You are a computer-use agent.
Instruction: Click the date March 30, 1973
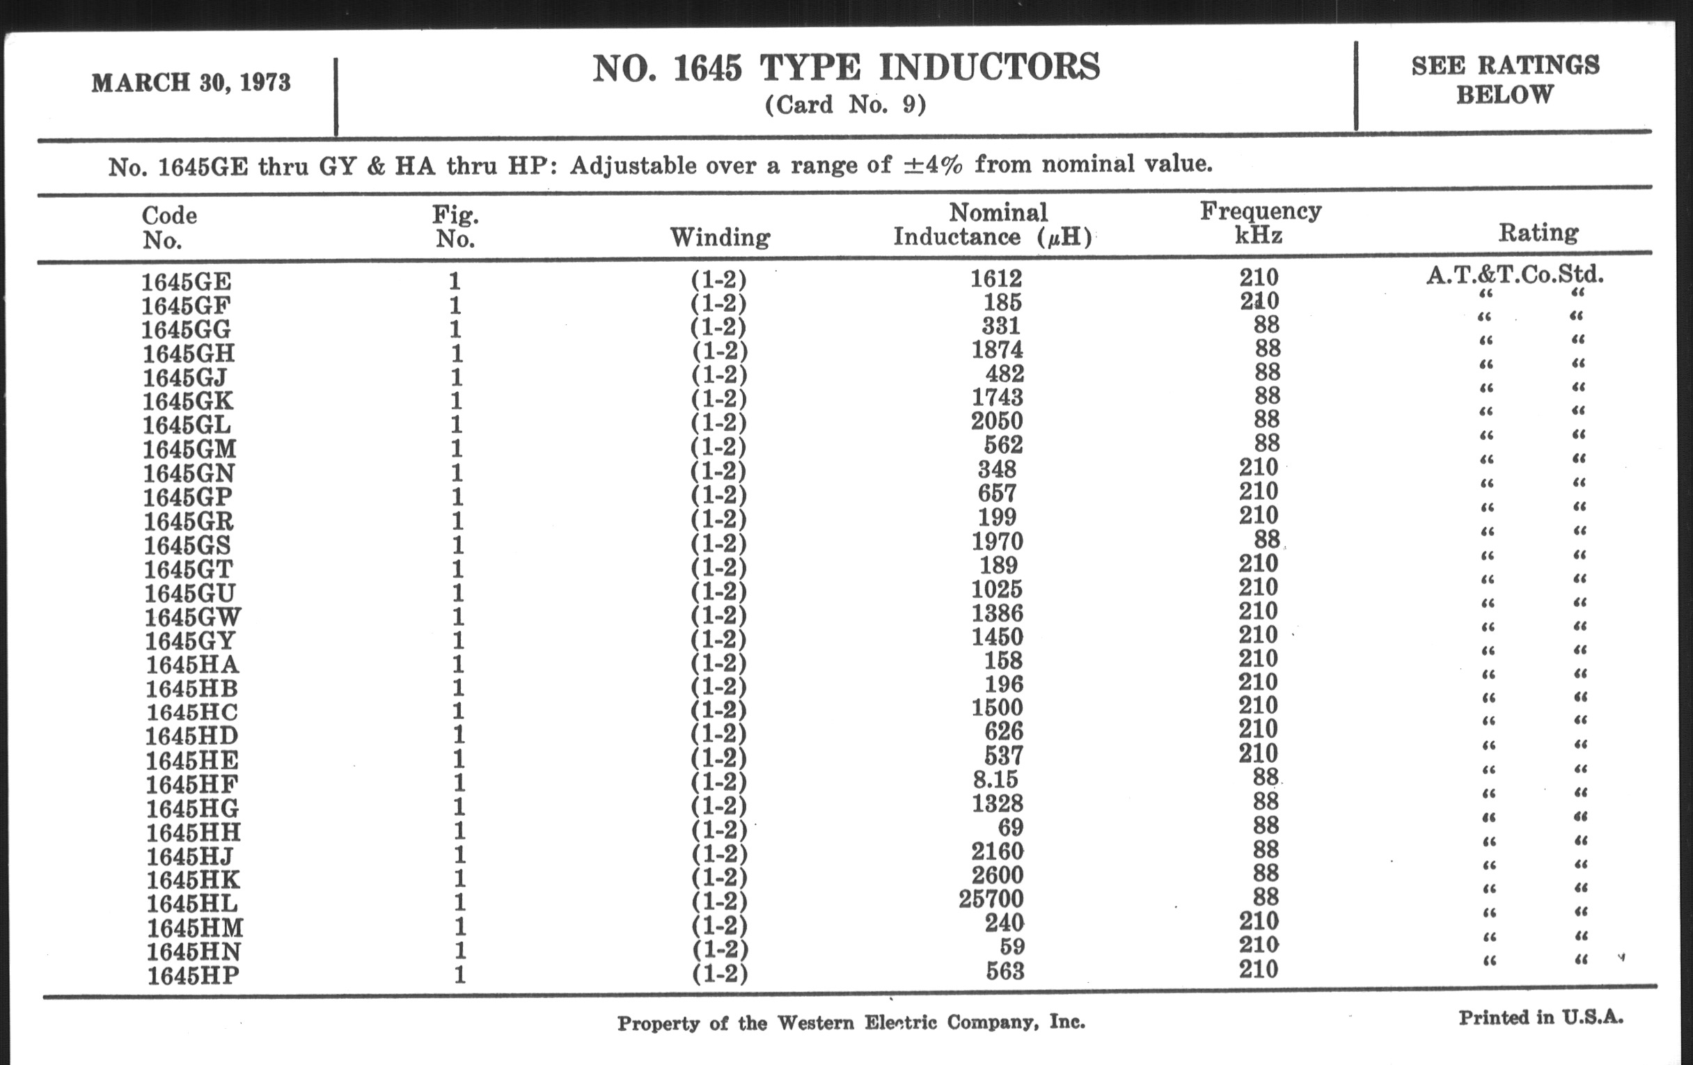191,83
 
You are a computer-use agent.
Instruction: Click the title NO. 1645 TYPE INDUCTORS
846,68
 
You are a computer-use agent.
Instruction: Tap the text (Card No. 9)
845,104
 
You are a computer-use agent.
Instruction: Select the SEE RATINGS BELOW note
1505,79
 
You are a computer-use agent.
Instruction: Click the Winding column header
720,237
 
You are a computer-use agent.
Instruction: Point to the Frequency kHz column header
1260,222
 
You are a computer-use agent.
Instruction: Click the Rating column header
1538,232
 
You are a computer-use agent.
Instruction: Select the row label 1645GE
187,282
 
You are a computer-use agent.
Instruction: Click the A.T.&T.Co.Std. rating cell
1515,274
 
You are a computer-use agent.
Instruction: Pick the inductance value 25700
991,899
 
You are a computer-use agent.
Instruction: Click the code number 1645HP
194,976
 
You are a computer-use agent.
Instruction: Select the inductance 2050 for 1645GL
997,421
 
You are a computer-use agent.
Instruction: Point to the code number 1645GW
193,617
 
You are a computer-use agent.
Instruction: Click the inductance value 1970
997,542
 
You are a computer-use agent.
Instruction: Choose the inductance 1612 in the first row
996,279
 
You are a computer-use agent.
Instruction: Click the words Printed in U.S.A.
1541,1017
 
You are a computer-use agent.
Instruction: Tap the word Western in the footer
815,1022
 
